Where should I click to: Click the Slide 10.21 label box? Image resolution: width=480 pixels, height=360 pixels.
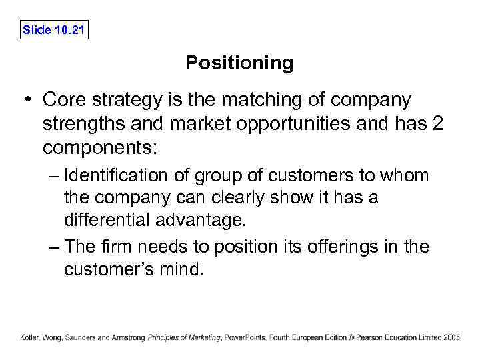pyautogui.click(x=55, y=30)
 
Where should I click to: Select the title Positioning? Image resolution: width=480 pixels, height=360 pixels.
pyautogui.click(x=239, y=63)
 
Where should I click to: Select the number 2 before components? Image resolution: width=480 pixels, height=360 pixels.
pyautogui.click(x=437, y=124)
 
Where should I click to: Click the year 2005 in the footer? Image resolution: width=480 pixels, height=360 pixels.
pyautogui.click(x=451, y=337)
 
